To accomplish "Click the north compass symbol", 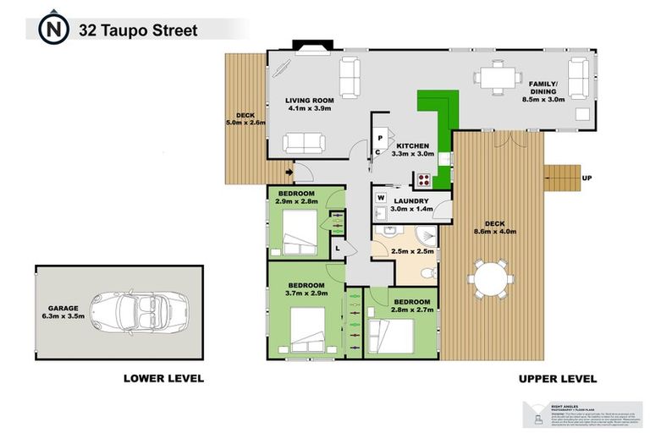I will pos(53,30).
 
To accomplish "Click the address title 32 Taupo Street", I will pos(138,30).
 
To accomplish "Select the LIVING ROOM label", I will pos(311,100).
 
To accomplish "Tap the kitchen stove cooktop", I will pos(421,179).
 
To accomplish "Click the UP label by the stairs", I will pos(587,178).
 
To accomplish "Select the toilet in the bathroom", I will pos(429,273).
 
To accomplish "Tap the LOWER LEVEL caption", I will pos(163,378).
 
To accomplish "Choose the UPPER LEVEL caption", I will pos(557,378).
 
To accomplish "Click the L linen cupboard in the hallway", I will pos(338,247).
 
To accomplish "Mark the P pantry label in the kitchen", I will pos(381,137).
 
